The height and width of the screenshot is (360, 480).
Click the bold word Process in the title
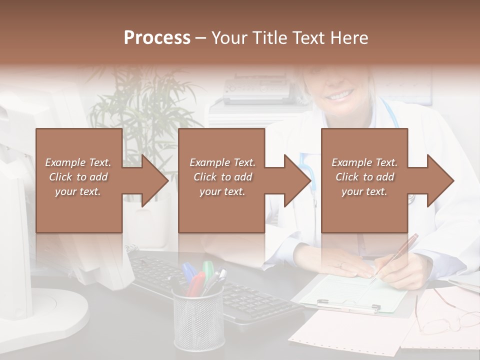coord(157,37)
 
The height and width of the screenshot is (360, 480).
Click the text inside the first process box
coord(78,177)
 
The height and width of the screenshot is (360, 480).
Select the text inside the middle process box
coord(222,177)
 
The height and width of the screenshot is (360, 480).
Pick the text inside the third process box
coord(364,177)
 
